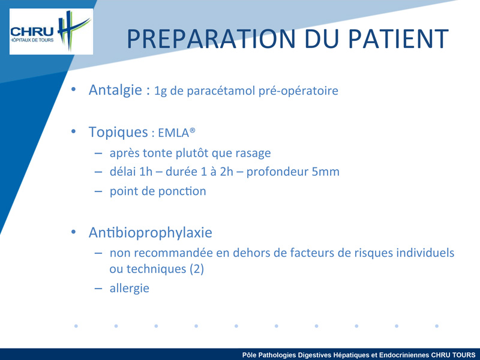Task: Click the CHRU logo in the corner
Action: click(51, 31)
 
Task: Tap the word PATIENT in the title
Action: click(398, 39)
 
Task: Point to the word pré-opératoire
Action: click(298, 91)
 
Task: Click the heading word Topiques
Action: click(118, 132)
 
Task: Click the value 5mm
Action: click(325, 172)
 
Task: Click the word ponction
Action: click(182, 191)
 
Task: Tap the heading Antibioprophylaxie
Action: click(151, 232)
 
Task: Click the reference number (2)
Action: click(197, 269)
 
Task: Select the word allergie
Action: click(130, 289)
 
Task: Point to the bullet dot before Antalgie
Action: click(73, 89)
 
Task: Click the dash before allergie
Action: click(98, 289)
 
